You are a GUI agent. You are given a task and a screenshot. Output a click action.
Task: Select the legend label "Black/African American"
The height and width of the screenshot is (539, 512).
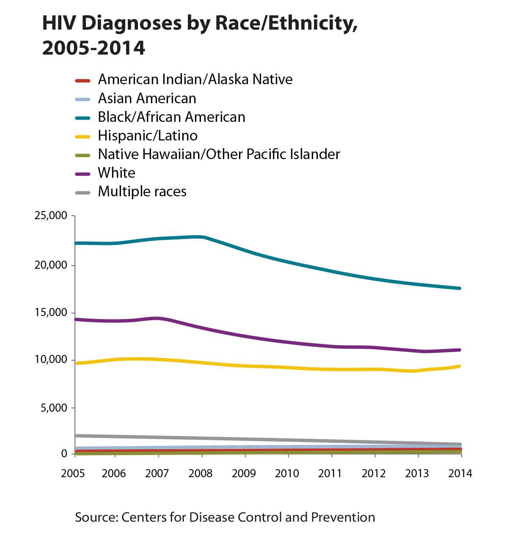[171, 117]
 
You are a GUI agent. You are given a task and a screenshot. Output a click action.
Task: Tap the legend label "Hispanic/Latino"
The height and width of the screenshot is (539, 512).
[148, 136]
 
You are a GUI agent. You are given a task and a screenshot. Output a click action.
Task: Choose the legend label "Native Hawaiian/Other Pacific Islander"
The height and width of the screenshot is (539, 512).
[219, 154]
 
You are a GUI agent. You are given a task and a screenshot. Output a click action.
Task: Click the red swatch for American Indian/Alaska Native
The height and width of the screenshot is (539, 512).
[83, 80]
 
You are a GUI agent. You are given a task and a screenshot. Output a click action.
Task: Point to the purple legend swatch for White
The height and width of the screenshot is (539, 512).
[83, 173]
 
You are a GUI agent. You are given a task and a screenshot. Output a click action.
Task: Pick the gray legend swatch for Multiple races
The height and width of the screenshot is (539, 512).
[83, 192]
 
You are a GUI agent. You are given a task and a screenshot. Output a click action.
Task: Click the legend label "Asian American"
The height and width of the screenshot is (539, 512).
[147, 99]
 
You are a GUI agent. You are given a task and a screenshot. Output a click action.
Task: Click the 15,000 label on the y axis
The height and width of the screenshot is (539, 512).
[51, 313]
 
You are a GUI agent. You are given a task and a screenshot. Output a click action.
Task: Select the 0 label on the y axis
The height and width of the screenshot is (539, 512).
[64, 454]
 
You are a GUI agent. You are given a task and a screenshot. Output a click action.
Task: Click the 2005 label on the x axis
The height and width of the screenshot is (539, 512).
[73, 473]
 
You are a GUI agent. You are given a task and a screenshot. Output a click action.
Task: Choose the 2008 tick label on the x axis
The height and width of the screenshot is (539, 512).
[201, 473]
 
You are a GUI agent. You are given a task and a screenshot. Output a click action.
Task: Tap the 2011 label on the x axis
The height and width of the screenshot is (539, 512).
[330, 473]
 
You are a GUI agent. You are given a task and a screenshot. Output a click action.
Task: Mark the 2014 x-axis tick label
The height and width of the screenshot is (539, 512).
[460, 473]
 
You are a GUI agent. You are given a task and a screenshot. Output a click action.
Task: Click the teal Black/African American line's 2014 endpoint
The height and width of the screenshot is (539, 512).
[460, 288]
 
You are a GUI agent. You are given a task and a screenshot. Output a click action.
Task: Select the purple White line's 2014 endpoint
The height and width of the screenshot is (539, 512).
[460, 350]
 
